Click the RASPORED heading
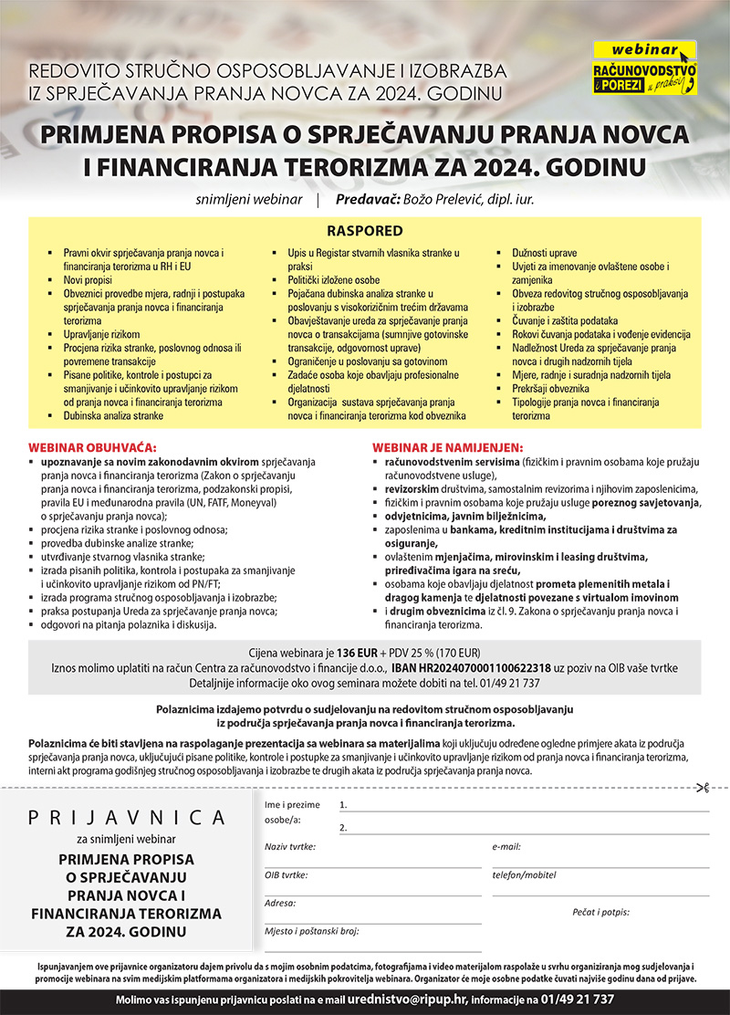coord(365,231)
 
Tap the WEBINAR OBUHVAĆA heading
coord(93,448)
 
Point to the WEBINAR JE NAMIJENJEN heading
coord(447,448)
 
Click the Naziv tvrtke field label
coord(289,847)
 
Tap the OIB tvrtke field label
coord(286,874)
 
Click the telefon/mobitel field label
coord(524,874)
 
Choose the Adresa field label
coord(280,903)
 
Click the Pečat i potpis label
coord(600,912)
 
